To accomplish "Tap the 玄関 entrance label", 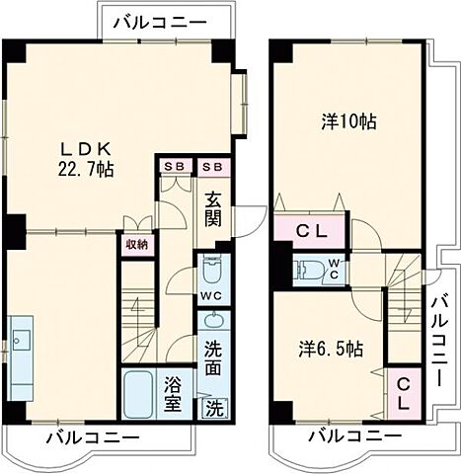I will (x=212, y=207).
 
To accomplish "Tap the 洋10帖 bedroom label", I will (x=348, y=124).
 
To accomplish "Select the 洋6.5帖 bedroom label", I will (x=331, y=349).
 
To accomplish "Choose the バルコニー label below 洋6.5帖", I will (x=353, y=435).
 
